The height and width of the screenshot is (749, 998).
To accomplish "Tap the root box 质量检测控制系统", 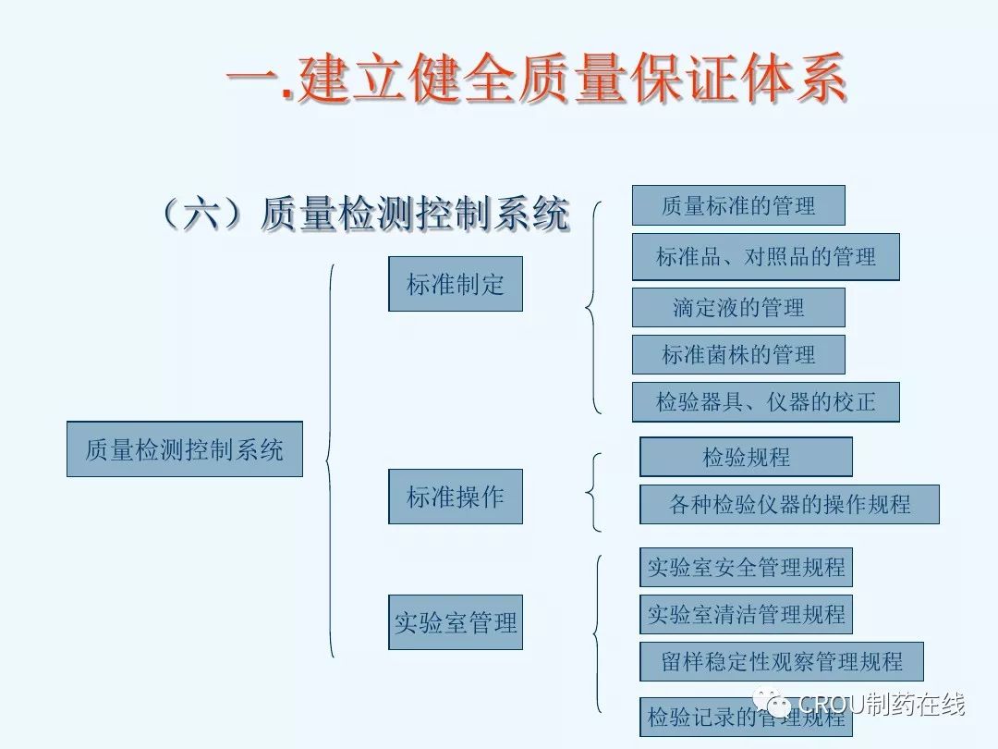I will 185,450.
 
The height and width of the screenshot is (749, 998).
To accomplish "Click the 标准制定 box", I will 456,284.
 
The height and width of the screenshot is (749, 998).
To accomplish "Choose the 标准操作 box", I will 456,497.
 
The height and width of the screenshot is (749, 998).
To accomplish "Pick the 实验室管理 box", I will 456,622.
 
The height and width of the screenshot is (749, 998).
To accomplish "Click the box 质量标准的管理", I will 738,205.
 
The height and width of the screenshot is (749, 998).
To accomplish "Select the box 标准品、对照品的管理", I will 766,257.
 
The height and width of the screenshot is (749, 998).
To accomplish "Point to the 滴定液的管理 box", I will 738,307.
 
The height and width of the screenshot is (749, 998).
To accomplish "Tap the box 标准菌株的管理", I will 738,354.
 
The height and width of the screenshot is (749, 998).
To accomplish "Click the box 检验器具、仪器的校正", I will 766,402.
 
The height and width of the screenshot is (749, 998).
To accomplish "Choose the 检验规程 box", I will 746,457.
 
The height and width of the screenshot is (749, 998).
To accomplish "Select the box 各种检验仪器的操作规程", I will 789,504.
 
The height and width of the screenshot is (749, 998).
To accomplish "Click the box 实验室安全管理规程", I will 746,567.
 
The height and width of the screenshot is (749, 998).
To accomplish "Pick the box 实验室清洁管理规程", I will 746,614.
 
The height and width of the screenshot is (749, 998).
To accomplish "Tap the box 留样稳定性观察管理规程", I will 782,662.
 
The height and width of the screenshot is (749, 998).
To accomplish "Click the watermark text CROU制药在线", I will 881,705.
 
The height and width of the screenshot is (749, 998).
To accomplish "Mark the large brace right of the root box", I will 330,460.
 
